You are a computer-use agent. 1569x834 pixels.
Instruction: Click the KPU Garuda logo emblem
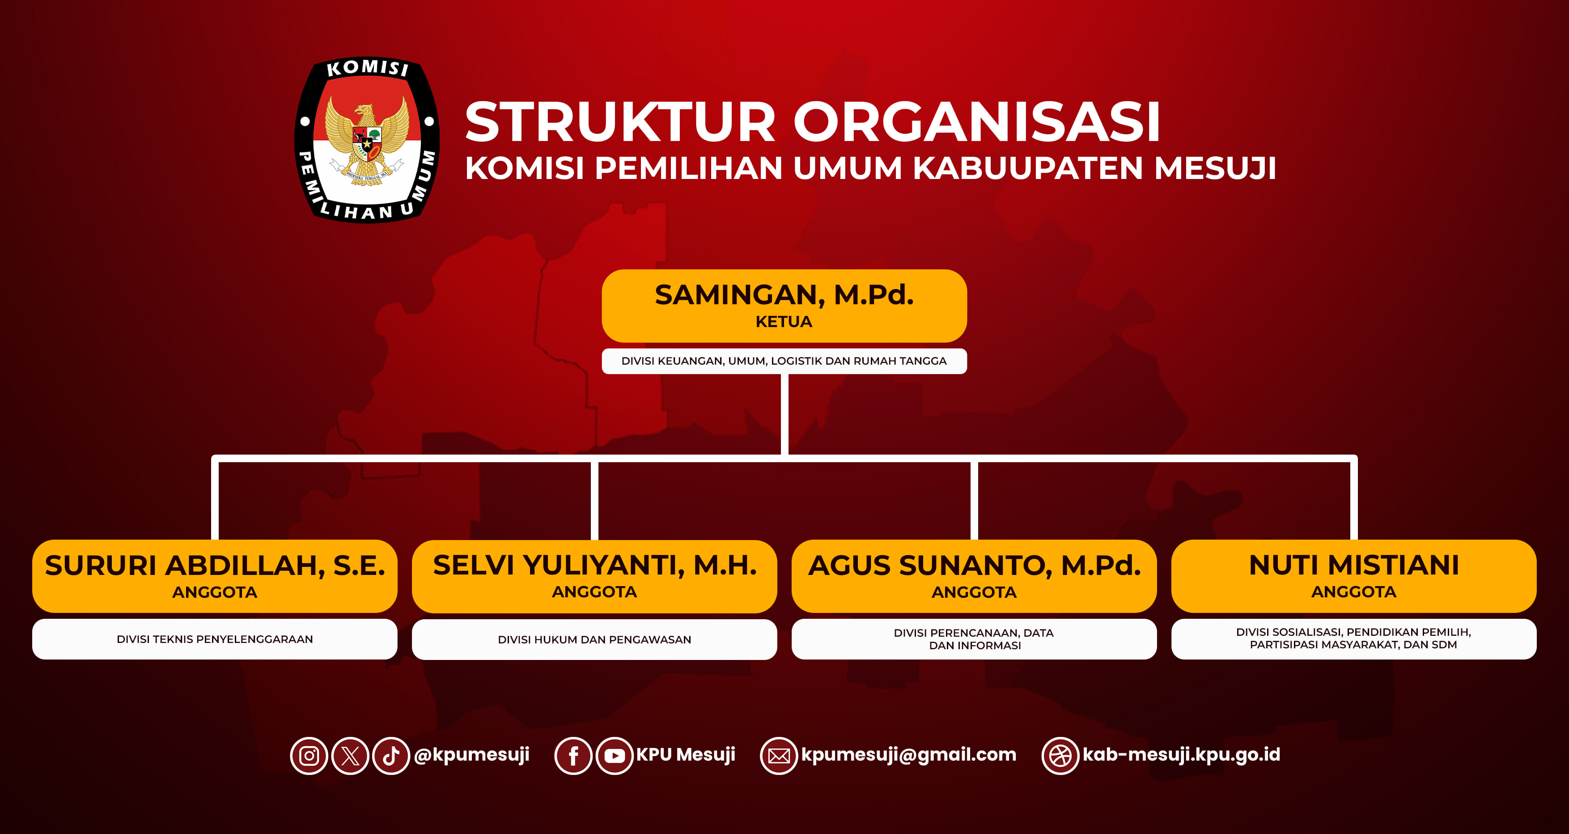click(367, 140)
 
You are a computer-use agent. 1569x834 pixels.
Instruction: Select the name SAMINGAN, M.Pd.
click(784, 295)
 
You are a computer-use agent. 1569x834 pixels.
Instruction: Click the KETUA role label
click(784, 322)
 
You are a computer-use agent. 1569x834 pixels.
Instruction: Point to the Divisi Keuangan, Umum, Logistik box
click(784, 361)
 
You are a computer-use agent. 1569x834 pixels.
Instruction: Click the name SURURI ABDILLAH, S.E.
click(215, 566)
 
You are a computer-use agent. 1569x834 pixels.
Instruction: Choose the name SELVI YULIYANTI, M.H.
click(594, 566)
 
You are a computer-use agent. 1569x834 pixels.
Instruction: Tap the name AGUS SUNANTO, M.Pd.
click(974, 566)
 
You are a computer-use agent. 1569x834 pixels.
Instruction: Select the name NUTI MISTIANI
click(1354, 566)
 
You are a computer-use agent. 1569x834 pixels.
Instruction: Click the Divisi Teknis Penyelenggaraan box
click(215, 639)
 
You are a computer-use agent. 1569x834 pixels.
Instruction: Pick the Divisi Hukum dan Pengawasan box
click(594, 639)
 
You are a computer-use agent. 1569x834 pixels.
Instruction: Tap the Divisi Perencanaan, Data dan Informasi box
click(974, 639)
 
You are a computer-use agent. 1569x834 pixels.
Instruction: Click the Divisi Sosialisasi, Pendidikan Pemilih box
click(1354, 639)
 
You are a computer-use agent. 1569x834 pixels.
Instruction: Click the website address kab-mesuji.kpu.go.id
click(1181, 755)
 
